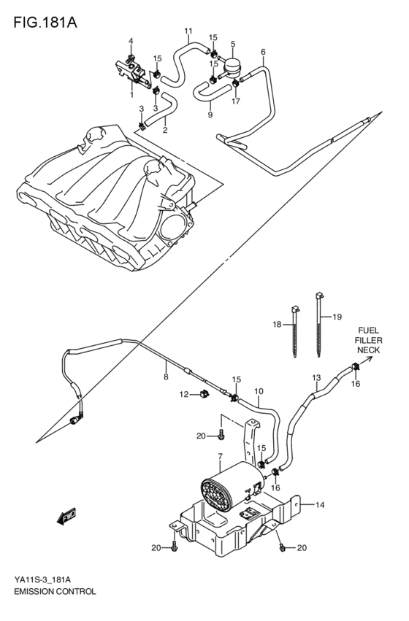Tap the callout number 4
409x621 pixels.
tap(131, 40)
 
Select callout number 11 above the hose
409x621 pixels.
tap(188, 31)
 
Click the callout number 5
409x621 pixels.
tap(232, 44)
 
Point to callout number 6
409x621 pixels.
tap(262, 52)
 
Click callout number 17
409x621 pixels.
tap(237, 102)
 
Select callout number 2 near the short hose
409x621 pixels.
tap(164, 131)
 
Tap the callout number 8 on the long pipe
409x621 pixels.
tap(166, 377)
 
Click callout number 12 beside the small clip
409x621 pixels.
tap(185, 394)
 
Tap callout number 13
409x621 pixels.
tap(316, 377)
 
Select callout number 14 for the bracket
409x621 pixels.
tap(319, 504)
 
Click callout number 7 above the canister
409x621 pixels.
tap(218, 456)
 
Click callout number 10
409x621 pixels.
tap(258, 391)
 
